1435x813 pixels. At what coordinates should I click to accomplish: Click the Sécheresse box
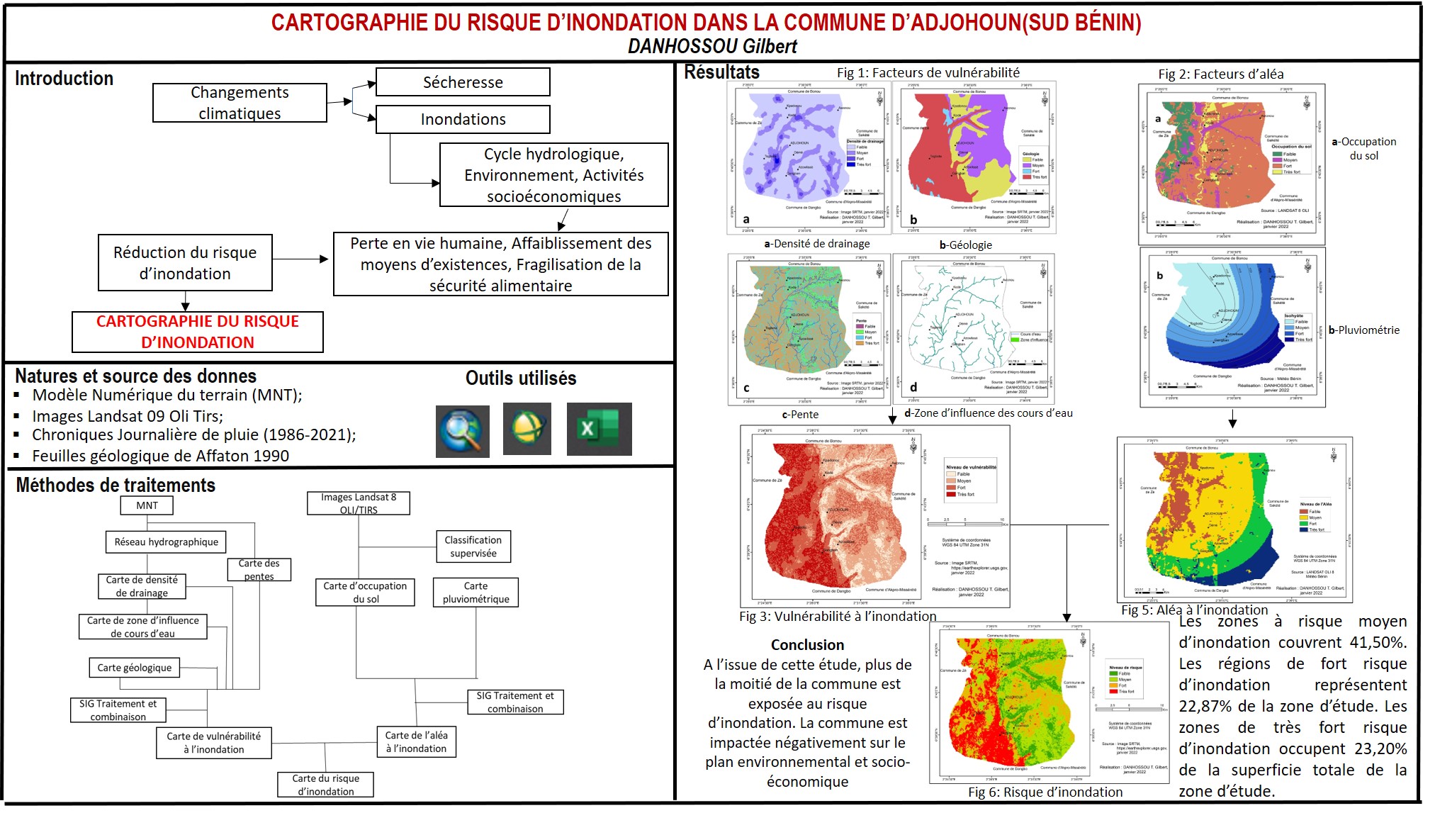pos(463,82)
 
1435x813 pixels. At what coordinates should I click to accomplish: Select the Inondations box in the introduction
pos(463,119)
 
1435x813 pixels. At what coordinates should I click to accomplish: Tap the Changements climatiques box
pos(240,103)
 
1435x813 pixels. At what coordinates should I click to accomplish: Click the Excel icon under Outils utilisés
pos(599,429)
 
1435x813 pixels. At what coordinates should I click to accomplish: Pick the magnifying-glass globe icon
pos(462,431)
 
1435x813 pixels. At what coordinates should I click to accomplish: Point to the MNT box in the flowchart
pos(147,505)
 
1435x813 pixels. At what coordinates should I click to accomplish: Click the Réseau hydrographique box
pos(167,542)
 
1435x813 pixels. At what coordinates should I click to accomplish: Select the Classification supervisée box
pos(473,546)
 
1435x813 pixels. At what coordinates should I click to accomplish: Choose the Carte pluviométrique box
pos(475,593)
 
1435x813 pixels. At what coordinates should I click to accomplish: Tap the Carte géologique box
pos(135,668)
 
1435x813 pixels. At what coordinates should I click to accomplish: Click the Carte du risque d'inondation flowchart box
pos(325,785)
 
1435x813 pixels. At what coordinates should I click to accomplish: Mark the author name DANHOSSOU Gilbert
pos(712,47)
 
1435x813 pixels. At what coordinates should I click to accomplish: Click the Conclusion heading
pos(807,645)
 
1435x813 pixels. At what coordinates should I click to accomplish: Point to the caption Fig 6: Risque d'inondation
pos(1045,792)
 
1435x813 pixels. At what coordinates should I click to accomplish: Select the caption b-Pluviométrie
pos(1364,330)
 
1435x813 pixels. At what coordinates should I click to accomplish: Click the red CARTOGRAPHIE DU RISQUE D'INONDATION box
pos(198,332)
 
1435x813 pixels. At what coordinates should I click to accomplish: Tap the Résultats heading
pos(721,72)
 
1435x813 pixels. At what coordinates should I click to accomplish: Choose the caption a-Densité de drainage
pos(816,244)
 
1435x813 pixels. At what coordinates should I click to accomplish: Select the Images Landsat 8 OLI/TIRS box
pos(359,503)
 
